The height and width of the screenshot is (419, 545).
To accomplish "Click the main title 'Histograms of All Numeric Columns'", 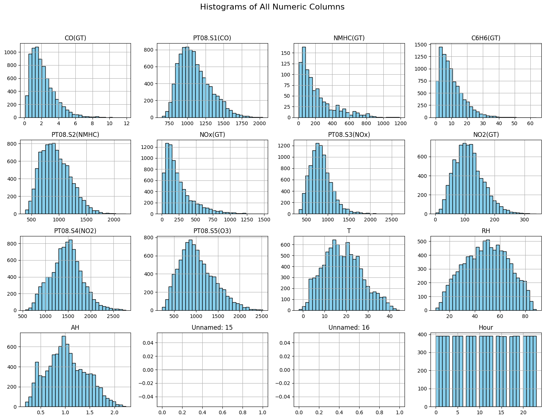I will [272, 7].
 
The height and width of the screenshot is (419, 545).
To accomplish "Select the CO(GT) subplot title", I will [75, 38].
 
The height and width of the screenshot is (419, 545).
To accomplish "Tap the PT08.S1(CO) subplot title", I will [212, 38].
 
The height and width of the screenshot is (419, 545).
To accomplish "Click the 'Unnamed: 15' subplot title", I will [212, 328].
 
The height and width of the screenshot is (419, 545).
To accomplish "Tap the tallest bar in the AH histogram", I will [64, 371].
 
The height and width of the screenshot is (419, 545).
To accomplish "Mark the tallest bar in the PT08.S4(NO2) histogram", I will [70, 275].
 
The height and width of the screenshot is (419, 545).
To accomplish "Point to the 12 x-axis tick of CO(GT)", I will [127, 124].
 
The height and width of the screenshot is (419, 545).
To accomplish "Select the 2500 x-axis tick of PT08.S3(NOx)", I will [392, 220].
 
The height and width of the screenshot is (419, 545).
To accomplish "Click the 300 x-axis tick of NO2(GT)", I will [524, 220].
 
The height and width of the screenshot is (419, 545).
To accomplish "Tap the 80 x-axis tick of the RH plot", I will [525, 317].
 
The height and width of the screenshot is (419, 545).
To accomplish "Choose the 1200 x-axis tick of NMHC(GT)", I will [400, 124].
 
